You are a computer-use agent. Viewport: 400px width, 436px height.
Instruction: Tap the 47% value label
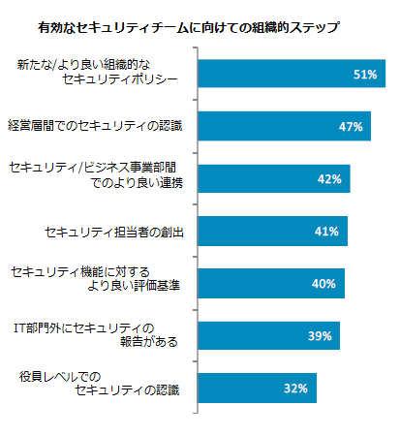[351, 127]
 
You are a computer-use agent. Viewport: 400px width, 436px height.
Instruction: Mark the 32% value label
[295, 389]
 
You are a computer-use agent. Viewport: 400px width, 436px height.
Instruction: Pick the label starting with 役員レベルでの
[107, 389]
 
